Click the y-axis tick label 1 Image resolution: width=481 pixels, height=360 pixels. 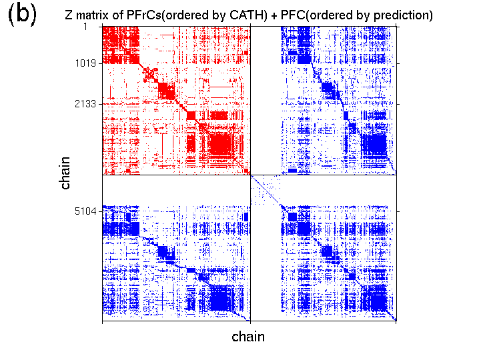coord(93,27)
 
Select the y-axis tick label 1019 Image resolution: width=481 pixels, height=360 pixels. coord(85,64)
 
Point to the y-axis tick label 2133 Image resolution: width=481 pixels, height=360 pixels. coord(85,105)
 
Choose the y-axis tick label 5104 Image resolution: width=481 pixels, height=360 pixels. coord(85,212)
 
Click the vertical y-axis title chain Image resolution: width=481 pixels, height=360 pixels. coord(65,175)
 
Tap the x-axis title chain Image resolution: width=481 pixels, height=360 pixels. coord(248,337)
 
